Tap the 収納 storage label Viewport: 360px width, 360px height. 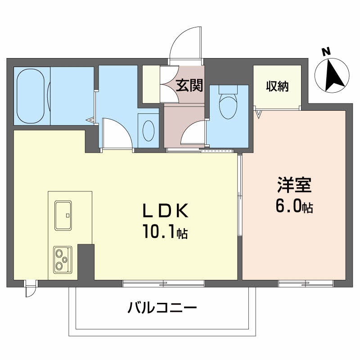[x=277, y=85]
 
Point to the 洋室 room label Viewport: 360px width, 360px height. [x=294, y=185]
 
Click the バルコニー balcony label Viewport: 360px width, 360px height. [x=162, y=308]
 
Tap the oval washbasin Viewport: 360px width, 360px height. [x=148, y=130]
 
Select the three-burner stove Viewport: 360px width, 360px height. [x=63, y=259]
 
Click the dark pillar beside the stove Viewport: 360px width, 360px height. [x=85, y=261]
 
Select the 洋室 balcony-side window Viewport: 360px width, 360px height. [x=306, y=283]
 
